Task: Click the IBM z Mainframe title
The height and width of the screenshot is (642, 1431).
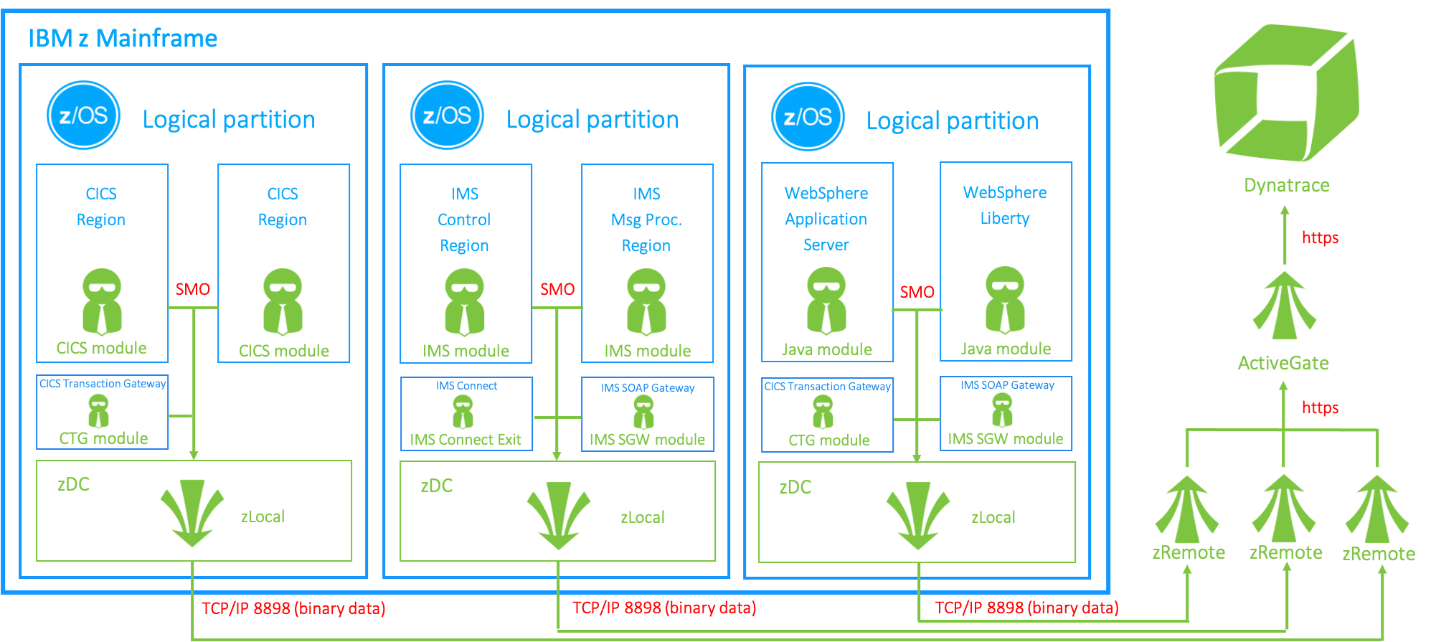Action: [x=122, y=38]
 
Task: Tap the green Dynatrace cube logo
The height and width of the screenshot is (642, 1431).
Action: [x=1286, y=93]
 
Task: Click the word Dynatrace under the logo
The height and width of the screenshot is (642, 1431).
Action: [x=1286, y=185]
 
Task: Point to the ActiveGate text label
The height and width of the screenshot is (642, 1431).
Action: [x=1283, y=363]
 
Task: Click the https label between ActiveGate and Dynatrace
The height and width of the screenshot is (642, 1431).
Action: [x=1320, y=237]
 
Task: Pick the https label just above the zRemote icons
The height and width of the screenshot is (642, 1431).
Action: [x=1320, y=407]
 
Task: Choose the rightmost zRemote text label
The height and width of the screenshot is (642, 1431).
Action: [x=1378, y=554]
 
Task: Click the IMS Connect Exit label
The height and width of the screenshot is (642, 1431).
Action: [x=466, y=440]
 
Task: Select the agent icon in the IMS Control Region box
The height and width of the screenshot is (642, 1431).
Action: [x=465, y=302]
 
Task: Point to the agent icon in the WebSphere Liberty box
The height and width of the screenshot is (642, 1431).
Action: [x=1005, y=300]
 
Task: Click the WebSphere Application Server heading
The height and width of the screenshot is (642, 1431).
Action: [x=826, y=219]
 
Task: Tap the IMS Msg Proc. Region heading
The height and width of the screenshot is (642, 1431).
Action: [x=646, y=219]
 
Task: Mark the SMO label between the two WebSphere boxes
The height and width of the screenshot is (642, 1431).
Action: [x=917, y=292]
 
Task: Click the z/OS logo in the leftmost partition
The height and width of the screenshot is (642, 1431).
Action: [x=83, y=115]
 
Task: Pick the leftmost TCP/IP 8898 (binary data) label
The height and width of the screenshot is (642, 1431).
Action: [x=293, y=608]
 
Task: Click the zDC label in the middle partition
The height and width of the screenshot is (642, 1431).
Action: [x=436, y=486]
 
